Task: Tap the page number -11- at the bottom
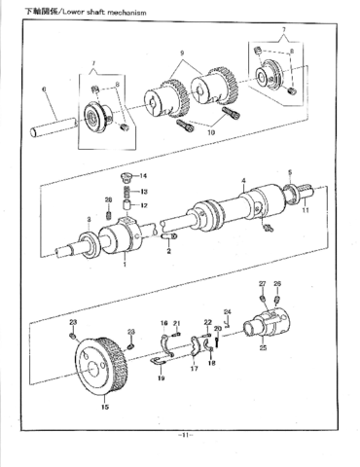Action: [182, 434]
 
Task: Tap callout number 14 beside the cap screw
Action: [144, 175]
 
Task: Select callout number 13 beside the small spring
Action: [144, 192]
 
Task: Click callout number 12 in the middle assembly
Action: [144, 205]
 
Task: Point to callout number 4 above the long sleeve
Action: [243, 182]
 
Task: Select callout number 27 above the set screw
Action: [262, 284]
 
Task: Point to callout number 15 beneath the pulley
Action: [104, 408]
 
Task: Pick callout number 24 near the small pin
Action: [226, 312]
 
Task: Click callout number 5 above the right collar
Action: [289, 172]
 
